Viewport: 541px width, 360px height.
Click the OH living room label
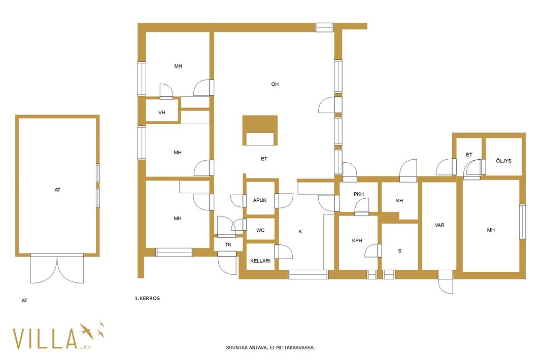(275, 84)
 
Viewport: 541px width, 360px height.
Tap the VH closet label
(162, 113)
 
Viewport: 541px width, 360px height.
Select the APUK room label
(260, 200)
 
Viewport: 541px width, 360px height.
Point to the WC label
(260, 230)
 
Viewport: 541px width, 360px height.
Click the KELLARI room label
(260, 261)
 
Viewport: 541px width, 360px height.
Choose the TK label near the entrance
(228, 245)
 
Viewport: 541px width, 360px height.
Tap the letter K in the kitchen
(300, 232)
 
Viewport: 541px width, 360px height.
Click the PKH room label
(359, 194)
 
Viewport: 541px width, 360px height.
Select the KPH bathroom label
(357, 241)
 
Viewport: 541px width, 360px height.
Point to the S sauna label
(400, 250)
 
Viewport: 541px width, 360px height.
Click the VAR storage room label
(439, 225)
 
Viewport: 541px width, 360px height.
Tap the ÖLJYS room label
(504, 161)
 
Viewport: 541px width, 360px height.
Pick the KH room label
(399, 201)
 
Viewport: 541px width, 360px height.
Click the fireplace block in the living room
(260, 130)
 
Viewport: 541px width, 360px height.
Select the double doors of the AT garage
(57, 269)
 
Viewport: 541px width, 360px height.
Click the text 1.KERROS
(147, 298)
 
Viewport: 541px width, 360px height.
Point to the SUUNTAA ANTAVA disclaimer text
(270, 348)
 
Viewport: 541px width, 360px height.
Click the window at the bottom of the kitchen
(308, 274)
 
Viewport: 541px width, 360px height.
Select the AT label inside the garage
(58, 190)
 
